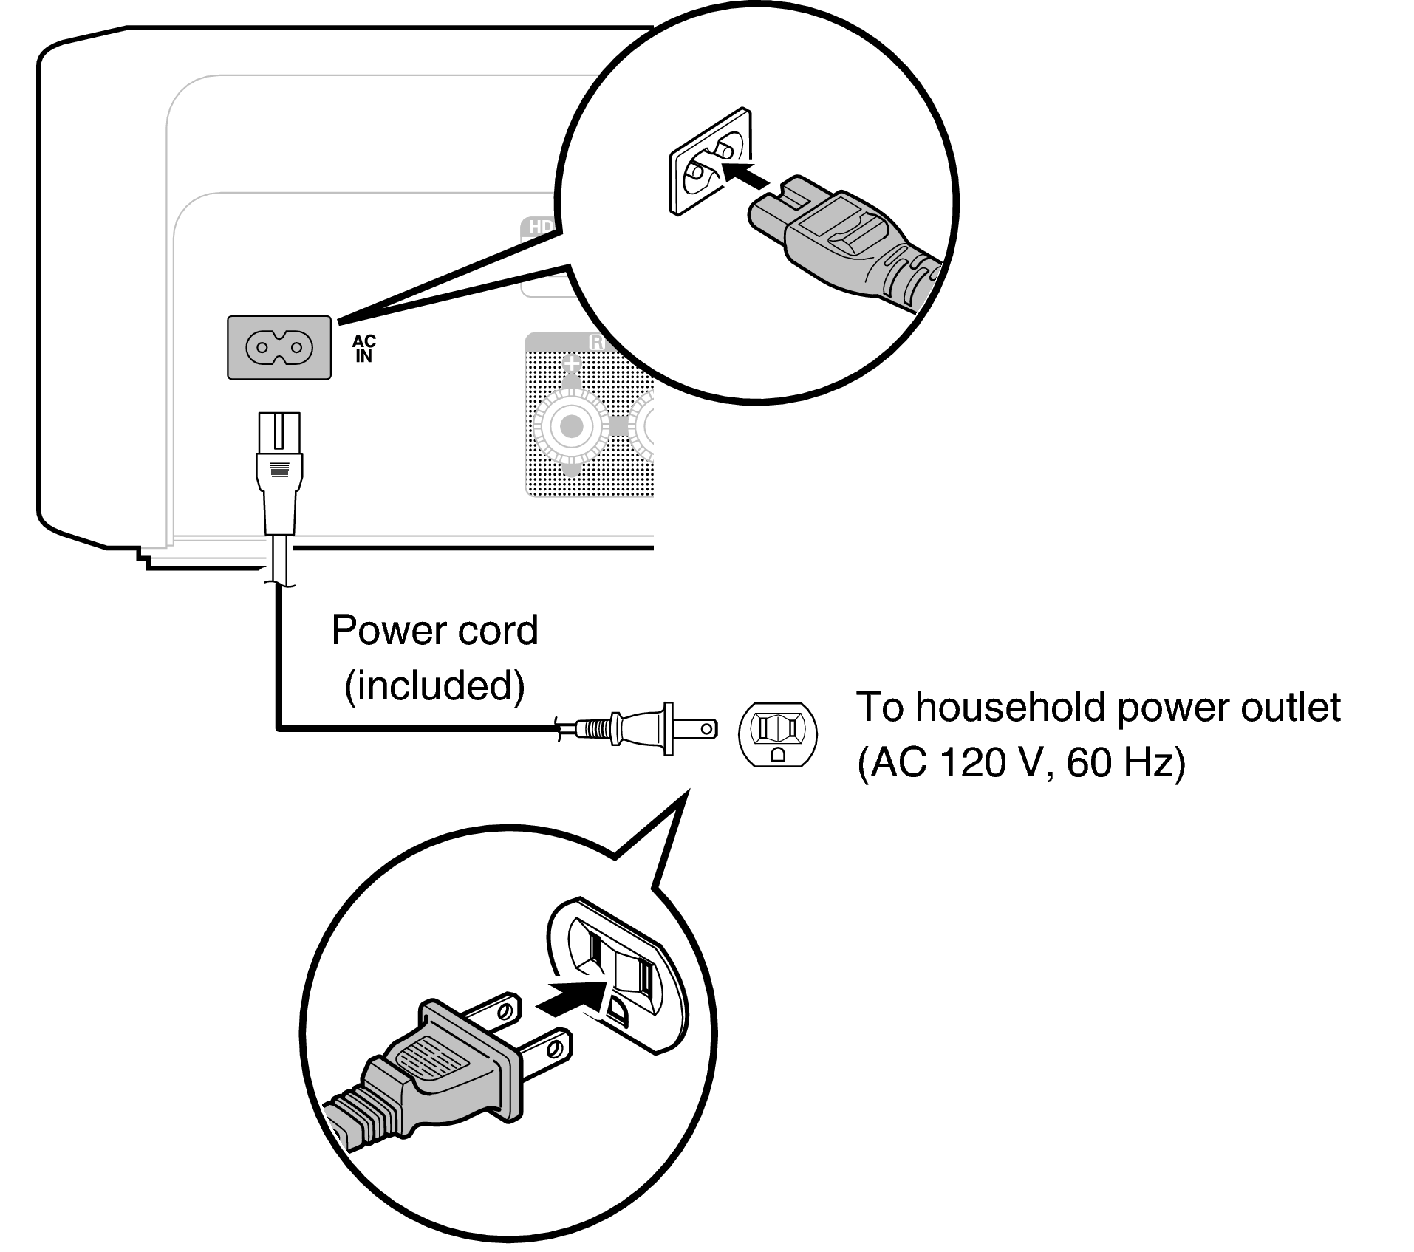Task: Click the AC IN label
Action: pos(363,348)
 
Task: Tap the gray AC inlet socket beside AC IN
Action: pos(279,347)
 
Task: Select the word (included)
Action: pos(434,685)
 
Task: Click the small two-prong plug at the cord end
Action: pos(650,729)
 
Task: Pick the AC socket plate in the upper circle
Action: pos(709,163)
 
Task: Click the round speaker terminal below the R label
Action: pos(570,426)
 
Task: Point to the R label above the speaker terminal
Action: pos(596,343)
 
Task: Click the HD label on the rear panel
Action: pos(540,226)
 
